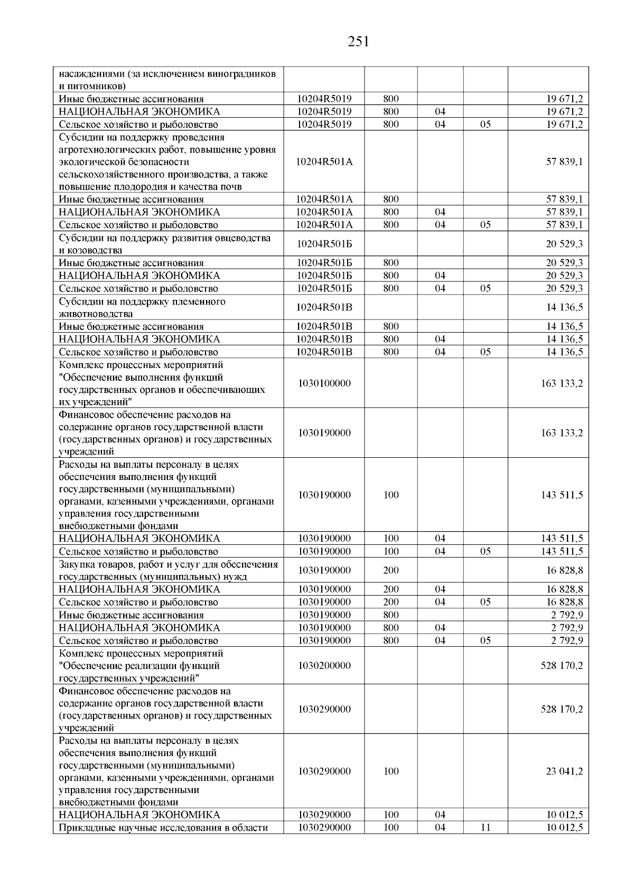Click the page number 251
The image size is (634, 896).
(359, 42)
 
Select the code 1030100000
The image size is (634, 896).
(324, 383)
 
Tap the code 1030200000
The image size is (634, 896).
(324, 665)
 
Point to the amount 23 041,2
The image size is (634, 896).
(564, 771)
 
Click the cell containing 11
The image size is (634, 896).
(486, 827)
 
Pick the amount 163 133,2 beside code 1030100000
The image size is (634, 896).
(562, 383)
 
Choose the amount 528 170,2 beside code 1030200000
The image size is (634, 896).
(562, 665)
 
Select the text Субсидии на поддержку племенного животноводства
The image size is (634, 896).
(142, 307)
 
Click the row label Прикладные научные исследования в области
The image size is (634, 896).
(164, 827)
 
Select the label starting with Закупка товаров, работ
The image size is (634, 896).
(168, 570)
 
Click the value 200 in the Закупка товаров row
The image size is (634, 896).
(391, 570)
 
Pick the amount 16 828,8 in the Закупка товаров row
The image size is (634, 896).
(564, 570)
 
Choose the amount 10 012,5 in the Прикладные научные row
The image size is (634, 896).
(564, 827)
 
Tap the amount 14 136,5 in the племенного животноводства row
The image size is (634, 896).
(564, 307)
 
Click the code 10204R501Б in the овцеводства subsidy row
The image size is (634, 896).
(324, 244)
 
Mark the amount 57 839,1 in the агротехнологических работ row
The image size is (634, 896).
(564, 162)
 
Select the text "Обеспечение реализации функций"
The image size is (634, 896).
(139, 665)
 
